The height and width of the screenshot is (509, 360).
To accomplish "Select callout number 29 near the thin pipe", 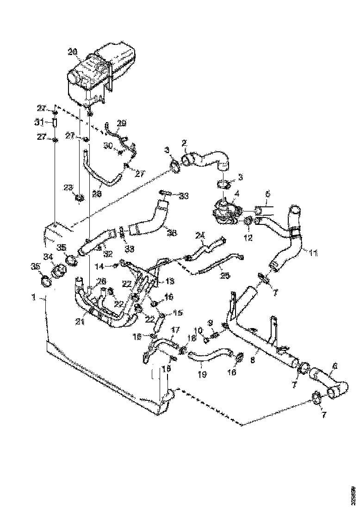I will (x=121, y=123).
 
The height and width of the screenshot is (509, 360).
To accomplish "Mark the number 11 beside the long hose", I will (x=313, y=253).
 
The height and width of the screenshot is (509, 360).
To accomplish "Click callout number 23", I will (x=68, y=187).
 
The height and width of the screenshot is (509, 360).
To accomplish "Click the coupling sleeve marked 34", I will (x=59, y=270).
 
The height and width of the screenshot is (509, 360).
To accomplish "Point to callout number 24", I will (x=199, y=236).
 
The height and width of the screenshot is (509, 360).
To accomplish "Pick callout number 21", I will (x=81, y=321).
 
